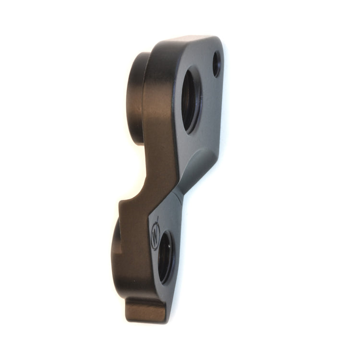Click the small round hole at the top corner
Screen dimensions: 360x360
click(x=216, y=64)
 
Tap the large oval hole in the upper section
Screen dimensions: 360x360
click(x=191, y=100)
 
